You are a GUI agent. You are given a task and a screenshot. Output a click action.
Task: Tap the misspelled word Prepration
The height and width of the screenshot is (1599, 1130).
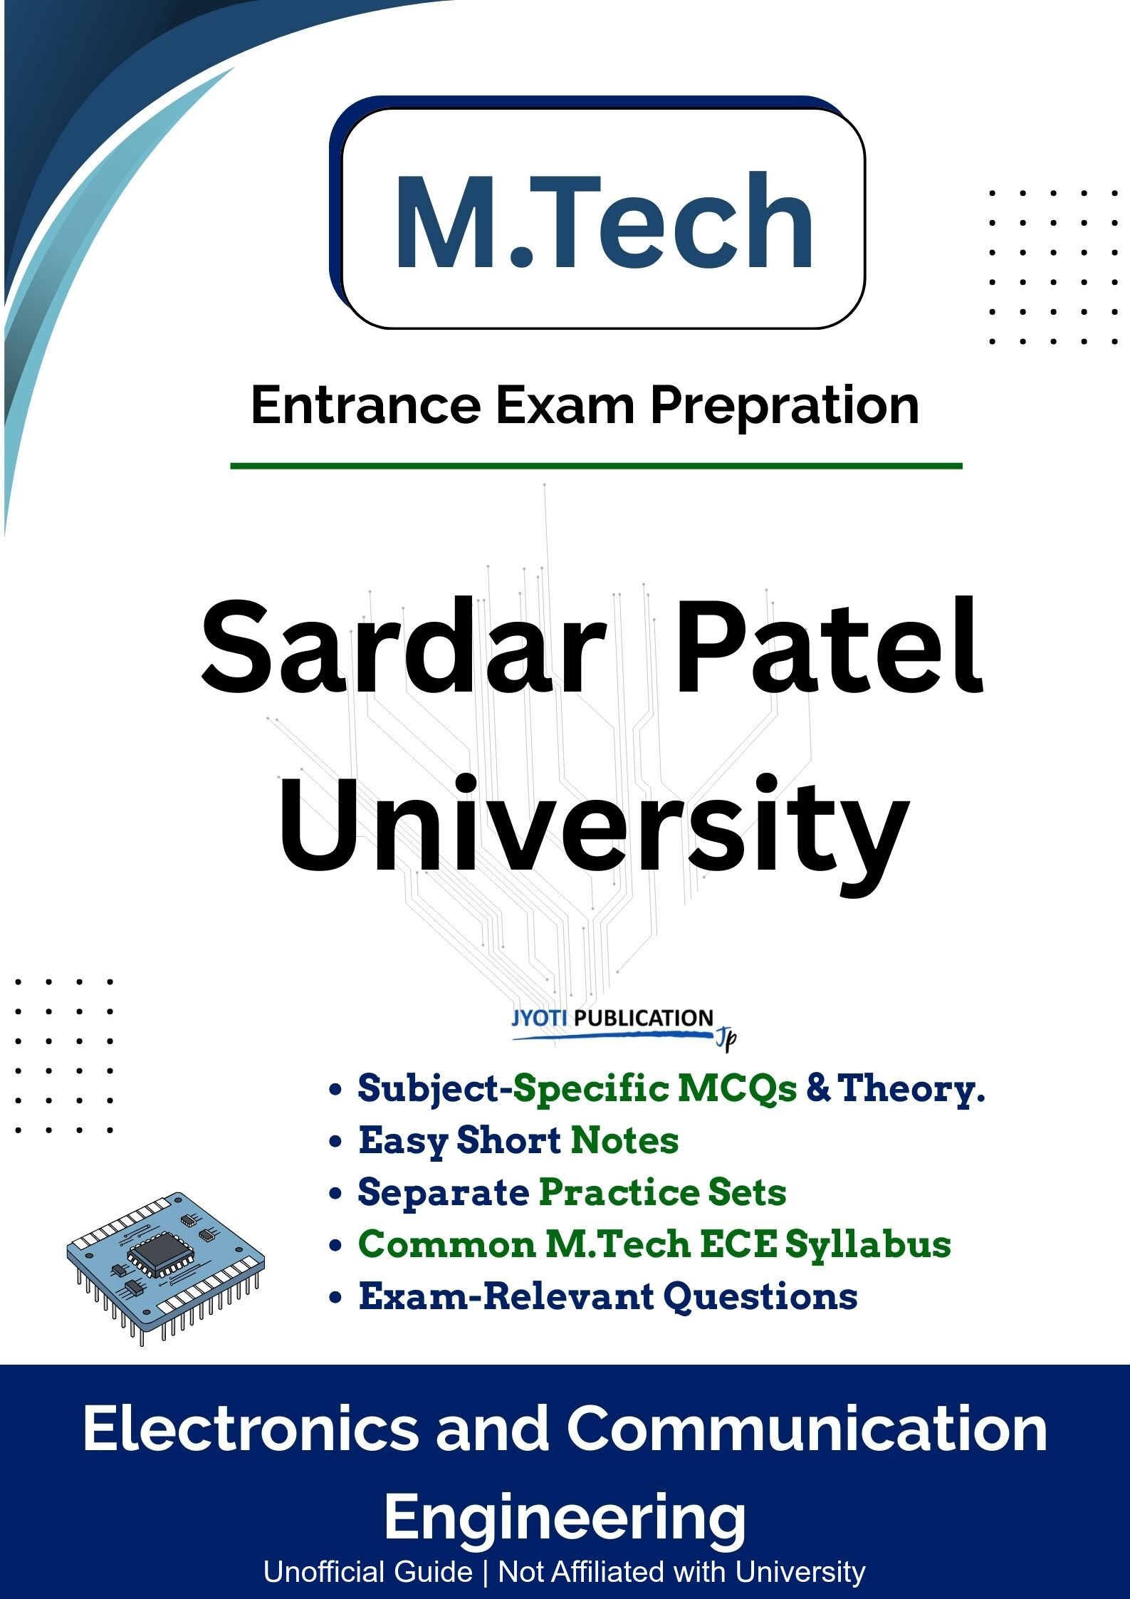click(784, 407)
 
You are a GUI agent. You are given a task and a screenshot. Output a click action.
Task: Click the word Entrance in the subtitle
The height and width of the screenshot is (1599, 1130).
click(365, 405)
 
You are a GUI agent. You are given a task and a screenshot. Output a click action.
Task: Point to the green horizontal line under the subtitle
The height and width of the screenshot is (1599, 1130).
click(596, 466)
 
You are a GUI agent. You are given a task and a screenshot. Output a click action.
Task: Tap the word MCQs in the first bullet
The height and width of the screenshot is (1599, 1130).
click(736, 1088)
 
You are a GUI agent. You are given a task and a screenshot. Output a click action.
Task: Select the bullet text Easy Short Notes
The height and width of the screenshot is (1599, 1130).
click(518, 1140)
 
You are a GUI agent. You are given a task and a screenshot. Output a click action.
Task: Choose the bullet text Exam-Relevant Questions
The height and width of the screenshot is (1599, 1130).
click(608, 1296)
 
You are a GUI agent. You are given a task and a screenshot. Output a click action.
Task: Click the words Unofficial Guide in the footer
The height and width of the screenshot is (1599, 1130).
click(367, 1571)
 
